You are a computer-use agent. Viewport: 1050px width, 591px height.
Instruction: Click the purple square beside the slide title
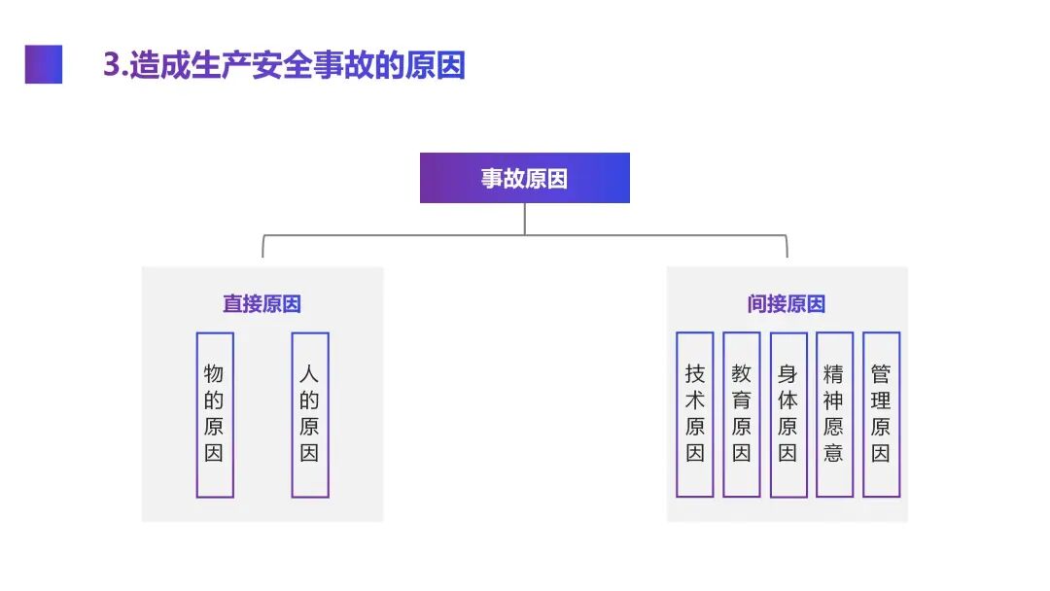44,64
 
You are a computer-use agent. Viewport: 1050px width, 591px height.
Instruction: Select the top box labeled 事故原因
524,178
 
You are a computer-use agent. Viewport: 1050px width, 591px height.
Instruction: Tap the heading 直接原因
262,303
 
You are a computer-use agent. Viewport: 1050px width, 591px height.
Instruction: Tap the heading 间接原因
787,303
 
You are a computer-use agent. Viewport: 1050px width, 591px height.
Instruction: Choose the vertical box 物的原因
214,415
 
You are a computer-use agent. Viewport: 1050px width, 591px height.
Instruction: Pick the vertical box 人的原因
309,415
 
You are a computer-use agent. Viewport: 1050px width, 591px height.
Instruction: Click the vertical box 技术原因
694,415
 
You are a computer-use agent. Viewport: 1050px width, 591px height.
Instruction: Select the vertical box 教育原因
741,415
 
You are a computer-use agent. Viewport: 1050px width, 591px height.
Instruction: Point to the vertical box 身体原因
787,415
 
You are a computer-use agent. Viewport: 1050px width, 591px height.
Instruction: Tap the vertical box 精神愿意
834,415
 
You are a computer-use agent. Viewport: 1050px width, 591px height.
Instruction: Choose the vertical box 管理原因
881,415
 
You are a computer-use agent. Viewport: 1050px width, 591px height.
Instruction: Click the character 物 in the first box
214,374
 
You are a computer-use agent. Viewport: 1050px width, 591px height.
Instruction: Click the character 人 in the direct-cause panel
309,374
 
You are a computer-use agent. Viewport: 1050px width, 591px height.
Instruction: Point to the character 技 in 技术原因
694,374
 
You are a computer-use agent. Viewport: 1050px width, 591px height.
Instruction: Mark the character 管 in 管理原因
881,374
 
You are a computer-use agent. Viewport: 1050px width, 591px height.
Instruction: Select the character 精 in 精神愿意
834,374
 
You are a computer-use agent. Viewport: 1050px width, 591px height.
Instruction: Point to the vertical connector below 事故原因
525,219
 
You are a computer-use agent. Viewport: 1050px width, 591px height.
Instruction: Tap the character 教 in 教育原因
741,374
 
